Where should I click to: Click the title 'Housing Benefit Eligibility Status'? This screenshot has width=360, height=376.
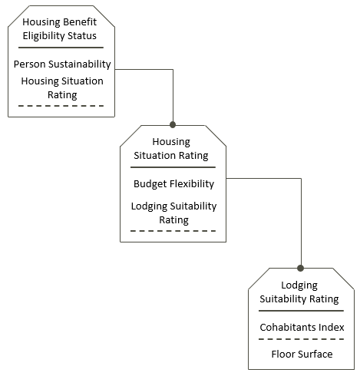[60, 29]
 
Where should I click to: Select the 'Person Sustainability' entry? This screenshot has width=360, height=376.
[62, 64]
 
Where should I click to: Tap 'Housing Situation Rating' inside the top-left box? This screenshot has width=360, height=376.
[62, 87]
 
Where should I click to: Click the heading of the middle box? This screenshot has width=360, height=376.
[171, 149]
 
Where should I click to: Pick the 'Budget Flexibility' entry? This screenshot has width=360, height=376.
[173, 184]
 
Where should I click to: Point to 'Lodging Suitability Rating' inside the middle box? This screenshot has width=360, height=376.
[173, 213]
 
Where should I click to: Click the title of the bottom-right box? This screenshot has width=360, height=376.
[299, 292]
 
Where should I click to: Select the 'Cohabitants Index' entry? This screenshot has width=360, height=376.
[302, 327]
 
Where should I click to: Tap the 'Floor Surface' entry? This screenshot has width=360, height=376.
[302, 355]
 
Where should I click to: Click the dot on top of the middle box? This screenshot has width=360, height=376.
[173, 125]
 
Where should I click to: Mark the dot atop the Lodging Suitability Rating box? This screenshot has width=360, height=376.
[301, 268]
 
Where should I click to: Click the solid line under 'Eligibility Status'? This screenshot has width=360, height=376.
[61, 48]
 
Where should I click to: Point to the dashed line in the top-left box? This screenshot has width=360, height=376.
[61, 106]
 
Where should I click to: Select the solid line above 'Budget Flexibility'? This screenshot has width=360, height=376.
[173, 167]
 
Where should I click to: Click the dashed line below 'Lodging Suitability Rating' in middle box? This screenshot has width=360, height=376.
[173, 231]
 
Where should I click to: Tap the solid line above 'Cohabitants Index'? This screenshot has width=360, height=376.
[301, 311]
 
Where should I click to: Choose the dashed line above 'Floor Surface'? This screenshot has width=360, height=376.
[301, 339]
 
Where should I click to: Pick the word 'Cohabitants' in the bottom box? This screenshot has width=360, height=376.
[285, 327]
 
